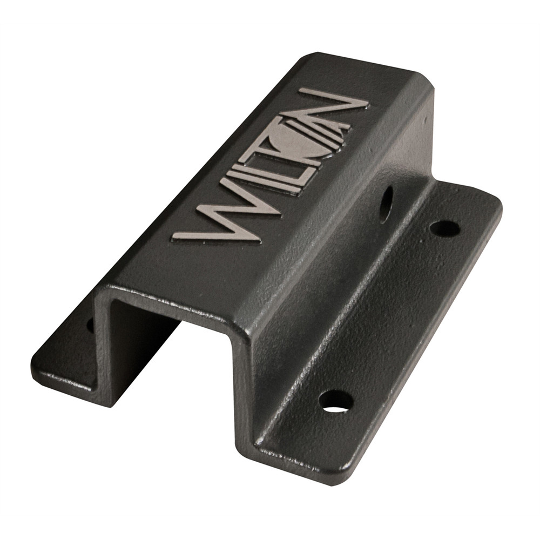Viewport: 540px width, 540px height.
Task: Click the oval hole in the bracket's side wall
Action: [x=386, y=205]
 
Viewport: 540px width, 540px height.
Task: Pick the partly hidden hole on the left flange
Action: [x=90, y=325]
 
